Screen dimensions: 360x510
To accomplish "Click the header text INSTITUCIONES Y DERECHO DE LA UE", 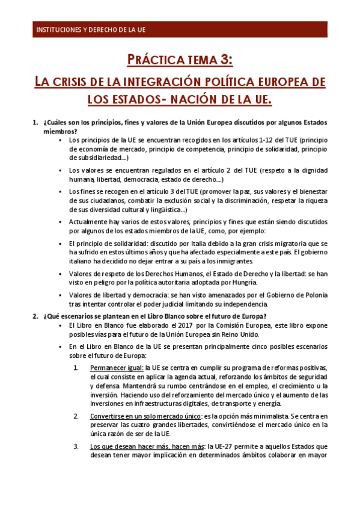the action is tap(91, 29).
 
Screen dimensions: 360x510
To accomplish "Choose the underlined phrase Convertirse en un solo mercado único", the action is tap(141, 415).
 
